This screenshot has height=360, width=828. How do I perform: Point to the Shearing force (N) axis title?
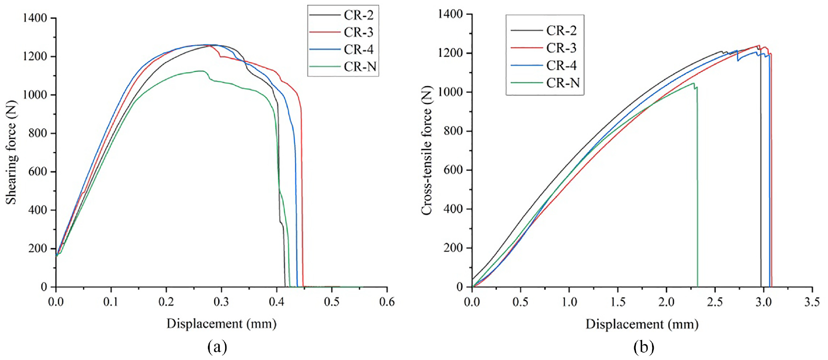coord(11,152)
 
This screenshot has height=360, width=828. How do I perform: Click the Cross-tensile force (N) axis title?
coord(427,150)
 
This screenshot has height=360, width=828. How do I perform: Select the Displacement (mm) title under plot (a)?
coord(222,323)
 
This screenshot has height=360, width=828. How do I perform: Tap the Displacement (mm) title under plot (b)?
coord(642,324)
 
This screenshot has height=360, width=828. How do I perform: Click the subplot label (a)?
coord(217,347)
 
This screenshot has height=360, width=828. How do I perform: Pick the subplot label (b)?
coord(644,347)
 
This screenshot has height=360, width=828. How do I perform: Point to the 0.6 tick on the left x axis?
coord(387,302)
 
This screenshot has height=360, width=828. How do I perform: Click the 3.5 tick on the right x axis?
coord(812,302)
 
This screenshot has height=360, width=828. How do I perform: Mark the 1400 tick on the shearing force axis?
coord(35,18)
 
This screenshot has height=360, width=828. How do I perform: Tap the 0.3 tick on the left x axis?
coord(221,302)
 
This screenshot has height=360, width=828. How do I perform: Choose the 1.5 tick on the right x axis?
coord(617,302)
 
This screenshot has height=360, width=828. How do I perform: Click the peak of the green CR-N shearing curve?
coord(200,71)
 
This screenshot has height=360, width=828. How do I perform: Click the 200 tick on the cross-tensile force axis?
coord(453,248)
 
